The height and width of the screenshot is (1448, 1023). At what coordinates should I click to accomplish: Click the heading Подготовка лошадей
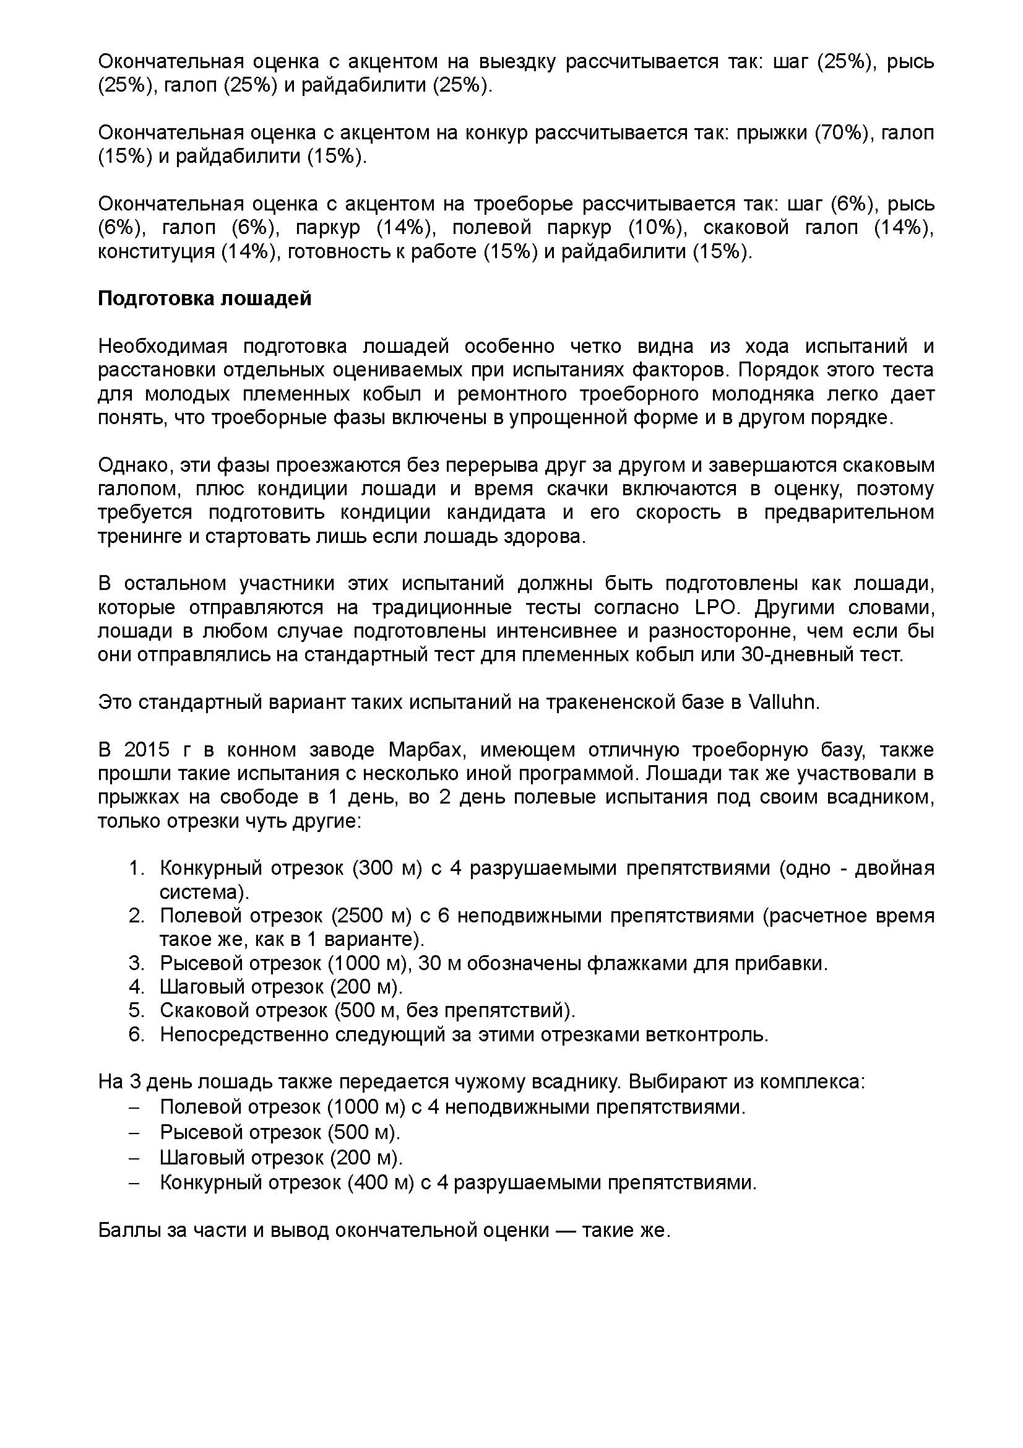click(205, 298)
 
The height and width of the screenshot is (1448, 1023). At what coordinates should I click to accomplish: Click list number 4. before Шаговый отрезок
click(137, 986)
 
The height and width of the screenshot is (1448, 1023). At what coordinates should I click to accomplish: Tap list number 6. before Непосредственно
click(137, 1034)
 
